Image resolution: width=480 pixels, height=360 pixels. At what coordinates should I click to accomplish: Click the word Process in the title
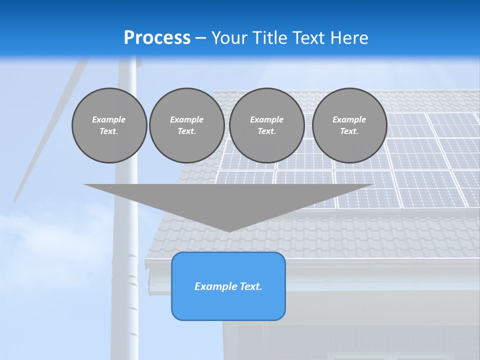point(157,38)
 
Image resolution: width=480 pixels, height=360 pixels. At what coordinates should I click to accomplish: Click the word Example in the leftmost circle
point(109,119)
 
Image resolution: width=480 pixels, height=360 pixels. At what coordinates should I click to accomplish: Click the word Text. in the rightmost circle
point(349,131)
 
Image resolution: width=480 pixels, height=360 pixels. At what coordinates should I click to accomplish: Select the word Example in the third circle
point(266,119)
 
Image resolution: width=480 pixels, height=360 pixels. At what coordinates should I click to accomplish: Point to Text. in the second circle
point(186,131)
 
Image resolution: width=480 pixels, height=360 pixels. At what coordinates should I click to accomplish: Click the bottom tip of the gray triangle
point(229,230)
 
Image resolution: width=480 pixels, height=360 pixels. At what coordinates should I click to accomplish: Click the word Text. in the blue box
point(251,286)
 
